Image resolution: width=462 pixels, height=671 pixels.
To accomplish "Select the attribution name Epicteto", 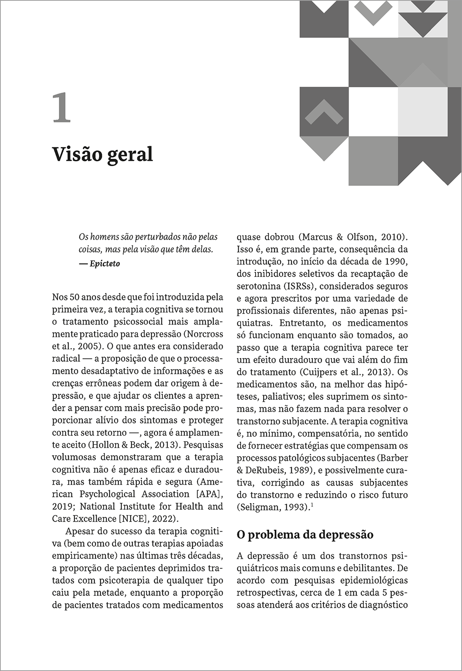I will coord(104,264).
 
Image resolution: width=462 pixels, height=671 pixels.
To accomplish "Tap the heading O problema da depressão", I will coord(305,535).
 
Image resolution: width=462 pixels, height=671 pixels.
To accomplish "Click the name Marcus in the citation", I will coord(315,237).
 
